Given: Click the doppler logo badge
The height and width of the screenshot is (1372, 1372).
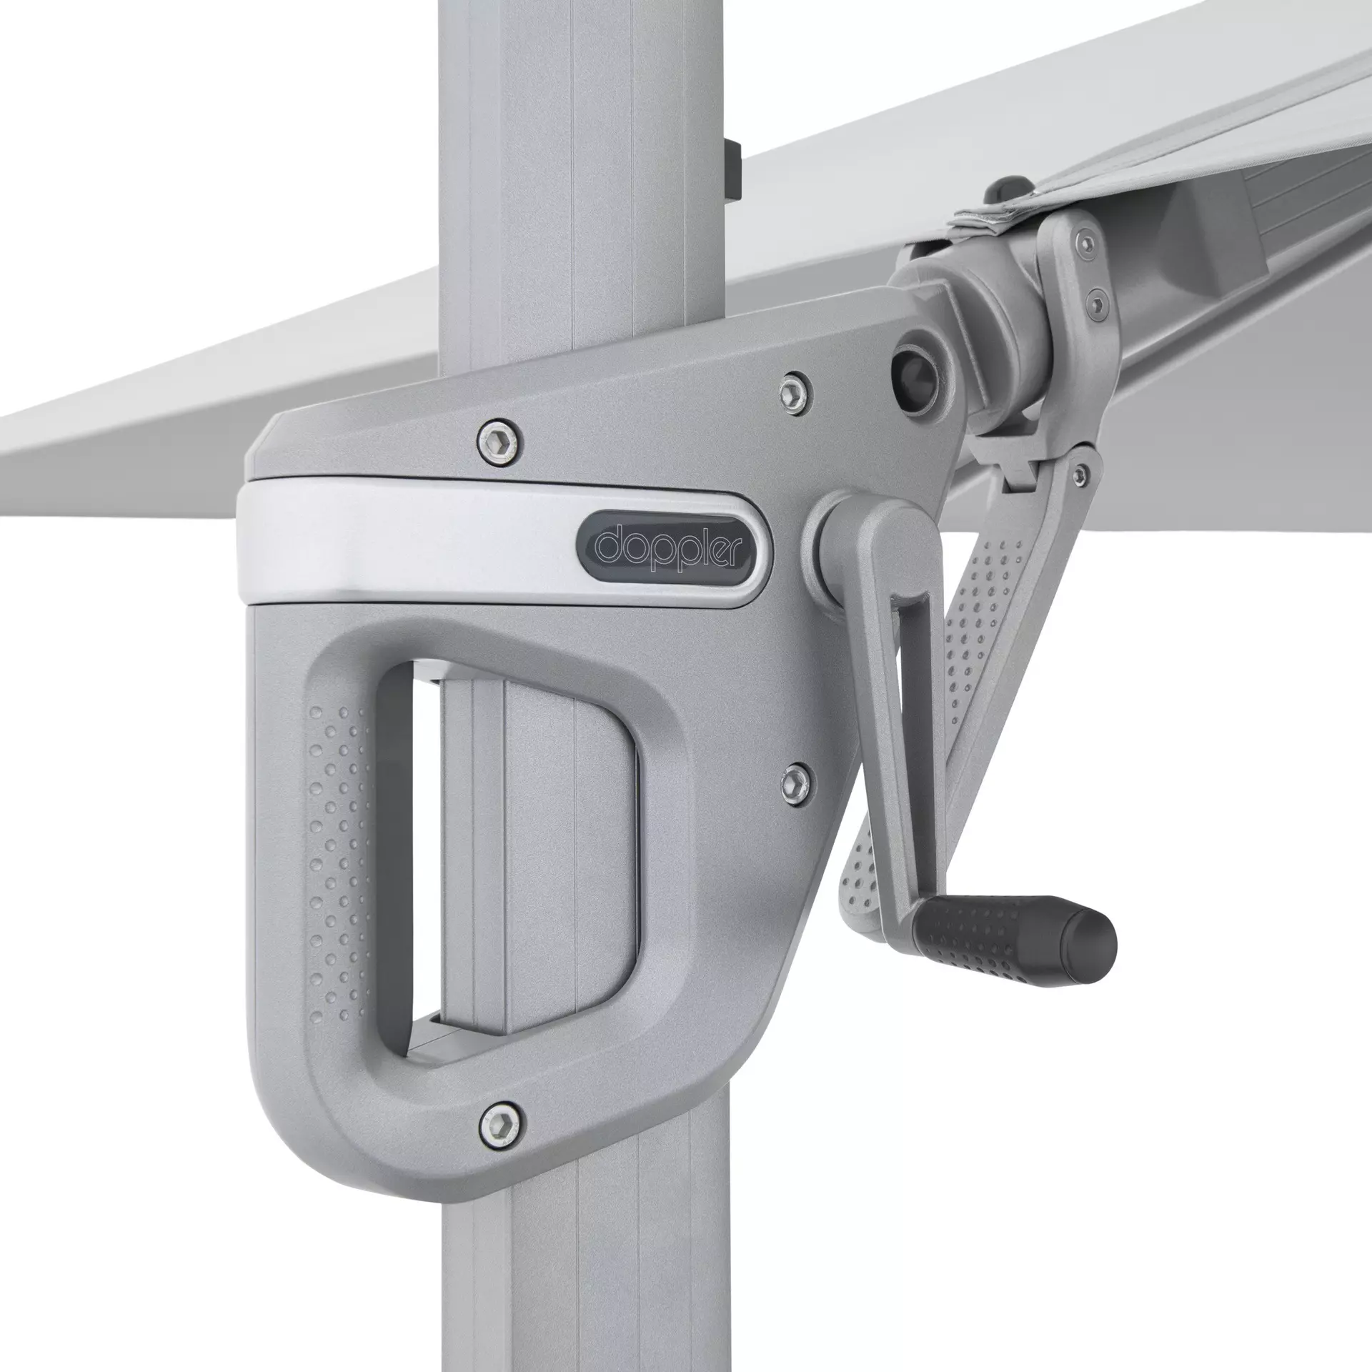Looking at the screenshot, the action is click(x=672, y=545).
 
